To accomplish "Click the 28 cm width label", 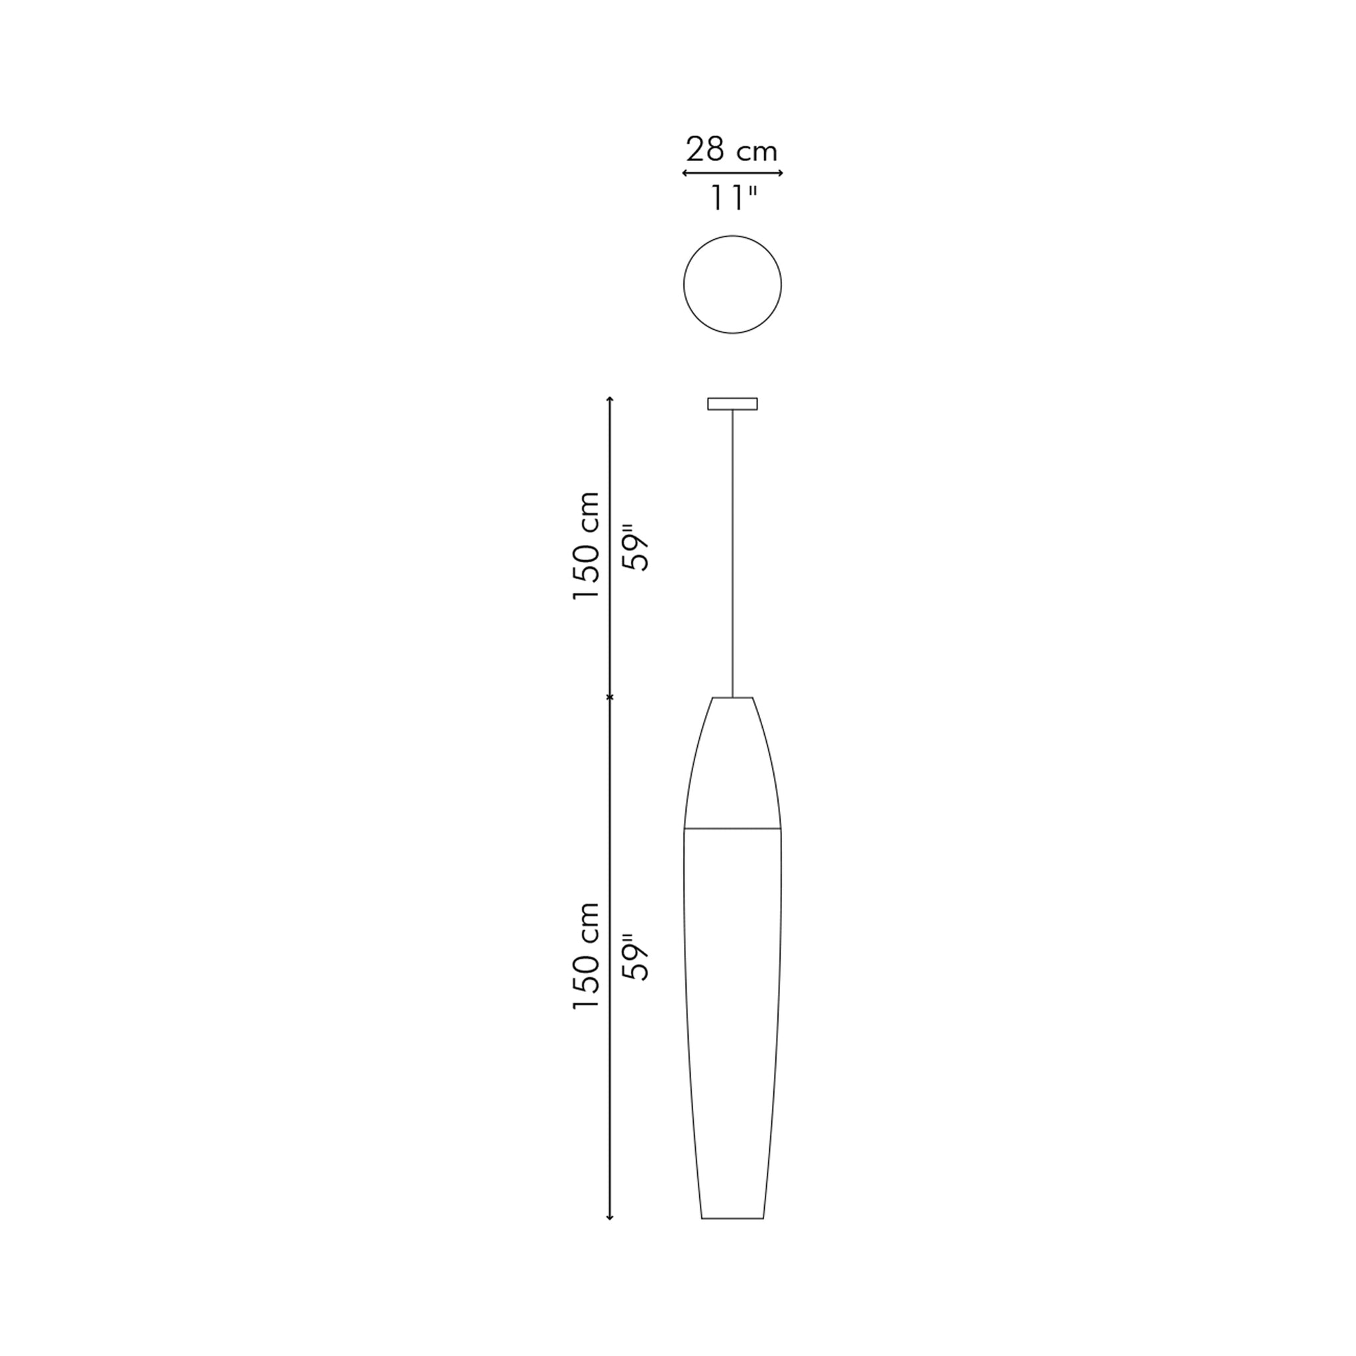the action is (x=732, y=150).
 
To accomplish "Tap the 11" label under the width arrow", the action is (x=734, y=199).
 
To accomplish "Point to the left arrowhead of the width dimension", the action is (x=685, y=173).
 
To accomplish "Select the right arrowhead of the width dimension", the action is (x=780, y=173).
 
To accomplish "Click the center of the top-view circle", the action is (x=732, y=284).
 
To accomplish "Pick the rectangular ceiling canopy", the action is (x=732, y=404).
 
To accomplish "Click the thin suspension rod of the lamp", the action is (x=732, y=553).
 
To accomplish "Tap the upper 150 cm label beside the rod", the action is (x=587, y=546).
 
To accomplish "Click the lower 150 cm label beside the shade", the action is (x=587, y=956).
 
